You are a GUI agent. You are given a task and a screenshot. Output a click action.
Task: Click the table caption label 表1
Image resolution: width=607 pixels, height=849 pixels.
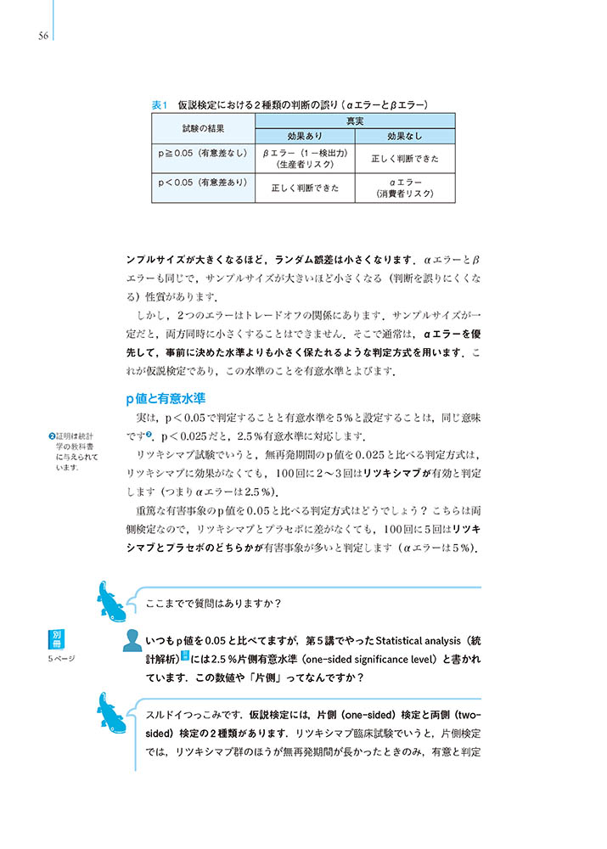pos(160,104)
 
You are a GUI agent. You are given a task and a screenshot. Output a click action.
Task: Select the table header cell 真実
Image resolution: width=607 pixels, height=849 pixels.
pos(355,122)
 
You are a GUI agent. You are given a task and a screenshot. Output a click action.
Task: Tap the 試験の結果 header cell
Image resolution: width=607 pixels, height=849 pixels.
pos(204,129)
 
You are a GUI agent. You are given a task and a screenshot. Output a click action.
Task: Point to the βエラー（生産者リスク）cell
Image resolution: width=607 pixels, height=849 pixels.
pos(305,159)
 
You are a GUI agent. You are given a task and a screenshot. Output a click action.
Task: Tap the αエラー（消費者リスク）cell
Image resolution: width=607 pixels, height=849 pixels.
pos(405,188)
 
